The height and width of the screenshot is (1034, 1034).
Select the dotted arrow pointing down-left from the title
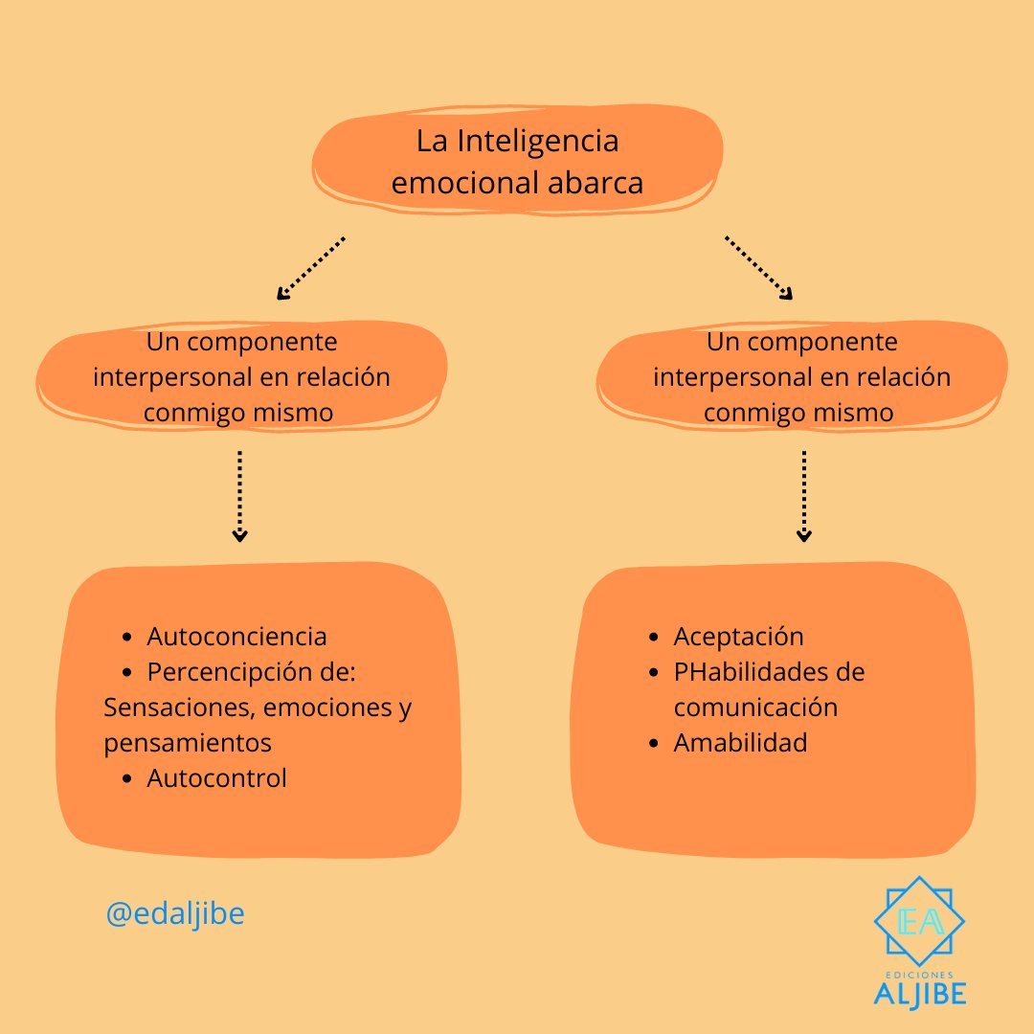pyautogui.click(x=309, y=268)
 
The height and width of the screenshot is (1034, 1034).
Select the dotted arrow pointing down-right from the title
pyautogui.click(x=759, y=268)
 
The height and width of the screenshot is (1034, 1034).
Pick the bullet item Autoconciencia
pyautogui.click(x=236, y=637)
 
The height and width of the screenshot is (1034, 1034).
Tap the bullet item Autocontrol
pyautogui.click(x=216, y=778)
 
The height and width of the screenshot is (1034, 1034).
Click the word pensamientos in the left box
pyautogui.click(x=188, y=743)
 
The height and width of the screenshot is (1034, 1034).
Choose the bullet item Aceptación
pyautogui.click(x=738, y=637)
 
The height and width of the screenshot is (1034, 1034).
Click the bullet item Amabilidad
pyautogui.click(x=740, y=743)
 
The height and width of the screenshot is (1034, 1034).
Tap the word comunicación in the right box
pyautogui.click(x=755, y=708)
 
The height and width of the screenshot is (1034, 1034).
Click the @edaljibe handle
pyautogui.click(x=175, y=914)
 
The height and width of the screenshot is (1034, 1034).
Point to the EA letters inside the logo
pyautogui.click(x=919, y=921)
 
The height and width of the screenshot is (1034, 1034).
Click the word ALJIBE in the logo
pyautogui.click(x=919, y=993)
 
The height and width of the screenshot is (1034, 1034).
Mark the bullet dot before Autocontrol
pyautogui.click(x=128, y=779)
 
